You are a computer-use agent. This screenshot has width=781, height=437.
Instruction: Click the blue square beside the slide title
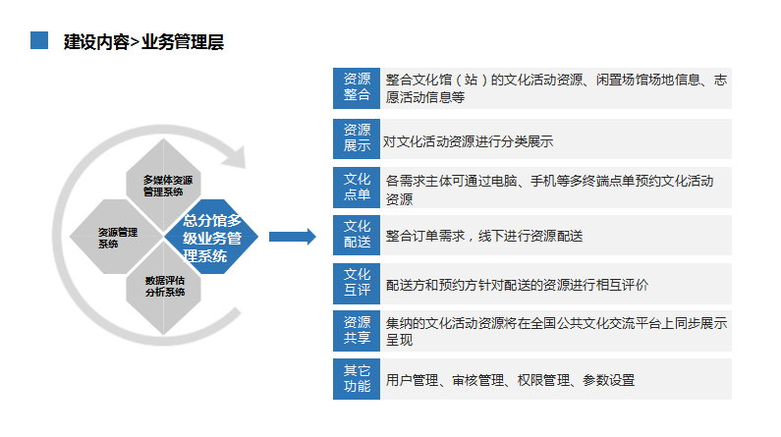[39, 40]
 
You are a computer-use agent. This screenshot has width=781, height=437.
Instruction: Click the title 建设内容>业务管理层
[143, 42]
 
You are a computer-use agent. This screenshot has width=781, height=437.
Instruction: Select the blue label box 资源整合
[357, 88]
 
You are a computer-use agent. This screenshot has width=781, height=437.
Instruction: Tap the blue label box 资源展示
[357, 138]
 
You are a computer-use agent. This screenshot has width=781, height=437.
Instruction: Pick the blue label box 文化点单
[357, 188]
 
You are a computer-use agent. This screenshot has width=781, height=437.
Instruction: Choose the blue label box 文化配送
[357, 236]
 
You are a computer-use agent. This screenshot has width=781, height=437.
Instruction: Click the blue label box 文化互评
[357, 284]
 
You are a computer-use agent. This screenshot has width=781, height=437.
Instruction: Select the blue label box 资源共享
[357, 331]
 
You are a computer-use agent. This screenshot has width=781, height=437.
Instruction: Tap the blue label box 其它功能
[357, 379]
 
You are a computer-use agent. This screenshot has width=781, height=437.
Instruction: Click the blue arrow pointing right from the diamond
[293, 237]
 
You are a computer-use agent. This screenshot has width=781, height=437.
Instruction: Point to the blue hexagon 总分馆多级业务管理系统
[211, 237]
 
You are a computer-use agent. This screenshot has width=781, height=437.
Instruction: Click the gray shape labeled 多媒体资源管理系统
[163, 185]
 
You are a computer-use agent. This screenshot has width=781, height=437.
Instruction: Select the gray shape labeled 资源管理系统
[116, 237]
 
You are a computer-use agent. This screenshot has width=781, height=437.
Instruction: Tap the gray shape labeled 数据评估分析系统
[163, 289]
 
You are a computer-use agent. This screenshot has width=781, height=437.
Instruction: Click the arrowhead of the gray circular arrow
[235, 156]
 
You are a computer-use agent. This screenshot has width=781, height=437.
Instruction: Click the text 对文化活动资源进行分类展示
[468, 141]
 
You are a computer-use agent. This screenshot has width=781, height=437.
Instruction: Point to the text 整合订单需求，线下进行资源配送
[484, 236]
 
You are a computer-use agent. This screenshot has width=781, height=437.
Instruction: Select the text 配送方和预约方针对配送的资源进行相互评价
[517, 285]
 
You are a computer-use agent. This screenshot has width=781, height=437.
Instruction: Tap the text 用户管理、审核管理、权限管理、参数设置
[510, 380]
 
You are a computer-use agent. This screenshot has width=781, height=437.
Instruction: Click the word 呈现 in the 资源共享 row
[400, 341]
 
